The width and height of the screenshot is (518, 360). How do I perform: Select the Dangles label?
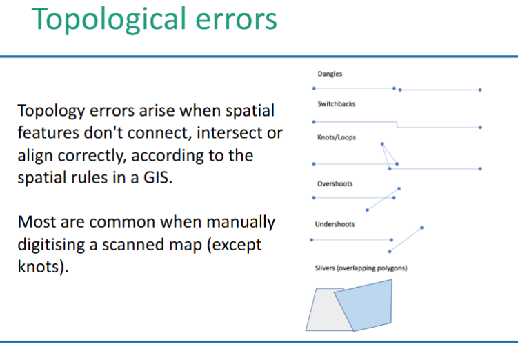click(330, 74)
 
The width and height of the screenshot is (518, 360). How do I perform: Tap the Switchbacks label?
click(336, 105)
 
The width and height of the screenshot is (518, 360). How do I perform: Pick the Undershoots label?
click(335, 224)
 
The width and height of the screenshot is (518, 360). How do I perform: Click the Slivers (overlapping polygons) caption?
click(361, 268)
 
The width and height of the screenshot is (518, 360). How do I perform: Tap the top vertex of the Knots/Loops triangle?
click(381, 144)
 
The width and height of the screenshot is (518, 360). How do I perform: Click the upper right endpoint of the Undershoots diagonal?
click(421, 227)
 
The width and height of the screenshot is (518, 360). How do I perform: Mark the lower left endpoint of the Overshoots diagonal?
click(367, 210)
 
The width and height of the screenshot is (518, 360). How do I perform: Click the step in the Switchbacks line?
click(397, 124)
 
